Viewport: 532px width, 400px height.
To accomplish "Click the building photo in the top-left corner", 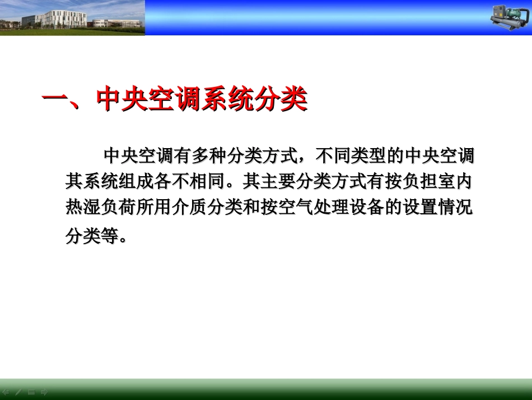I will tap(72, 17).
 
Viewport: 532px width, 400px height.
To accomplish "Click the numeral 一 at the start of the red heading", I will tap(55, 100).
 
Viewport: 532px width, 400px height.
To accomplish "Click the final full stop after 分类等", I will tap(125, 239).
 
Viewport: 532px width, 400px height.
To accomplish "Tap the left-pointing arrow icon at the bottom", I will tap(6, 392).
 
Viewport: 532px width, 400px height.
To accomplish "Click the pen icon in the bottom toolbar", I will tap(19, 392).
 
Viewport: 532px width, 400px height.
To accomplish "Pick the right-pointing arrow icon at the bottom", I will tap(45, 392).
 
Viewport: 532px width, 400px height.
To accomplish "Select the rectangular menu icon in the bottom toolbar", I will tap(32, 392).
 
